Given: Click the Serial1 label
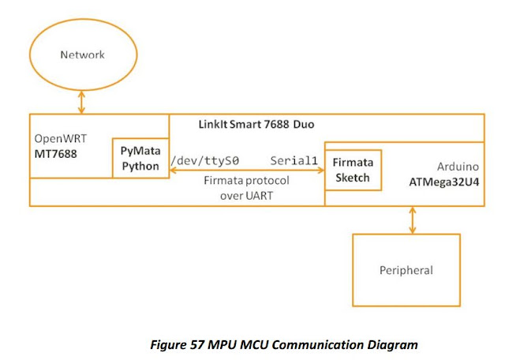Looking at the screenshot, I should point(294,160).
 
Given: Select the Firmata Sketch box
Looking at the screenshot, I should point(353,169).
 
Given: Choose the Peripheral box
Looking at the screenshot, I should point(406,270).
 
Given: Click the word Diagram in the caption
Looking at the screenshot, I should point(390,344).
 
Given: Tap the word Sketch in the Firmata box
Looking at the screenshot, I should point(353,177).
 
